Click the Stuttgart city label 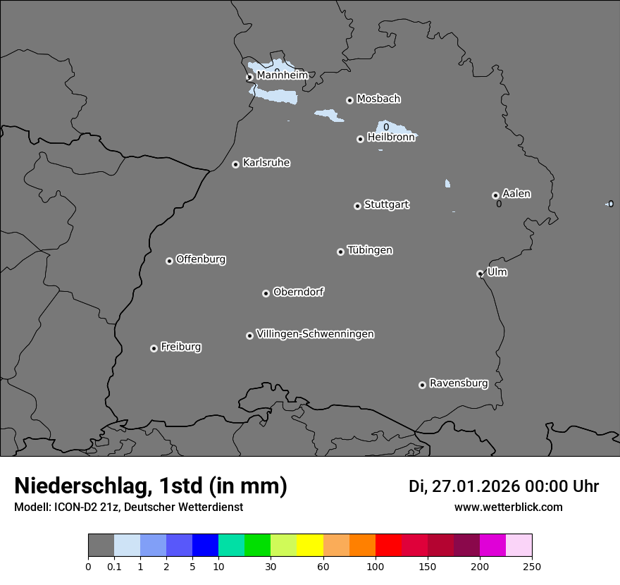click(x=386, y=204)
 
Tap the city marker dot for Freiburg click(x=154, y=348)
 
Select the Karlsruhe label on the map click(x=266, y=163)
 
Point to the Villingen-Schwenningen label click(x=315, y=334)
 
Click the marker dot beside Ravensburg click(x=422, y=385)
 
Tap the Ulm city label click(x=497, y=272)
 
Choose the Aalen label click(x=516, y=194)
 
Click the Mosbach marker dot click(x=349, y=100)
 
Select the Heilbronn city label click(x=391, y=137)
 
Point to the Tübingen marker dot click(x=340, y=252)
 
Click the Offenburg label click(x=201, y=259)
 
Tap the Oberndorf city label click(x=298, y=292)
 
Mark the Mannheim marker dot click(x=249, y=78)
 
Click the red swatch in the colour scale click(x=388, y=546)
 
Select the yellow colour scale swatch click(x=310, y=546)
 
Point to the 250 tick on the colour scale click(x=532, y=566)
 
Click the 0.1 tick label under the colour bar click(x=114, y=566)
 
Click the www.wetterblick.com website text click(x=508, y=507)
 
